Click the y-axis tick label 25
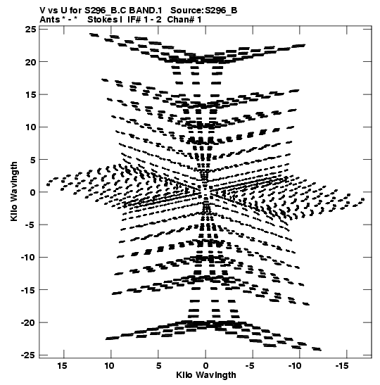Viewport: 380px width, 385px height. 30,30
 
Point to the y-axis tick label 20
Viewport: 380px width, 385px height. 30,62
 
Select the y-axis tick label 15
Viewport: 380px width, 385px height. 30,94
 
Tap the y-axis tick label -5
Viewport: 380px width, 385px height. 30,225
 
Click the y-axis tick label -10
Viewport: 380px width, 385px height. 27,258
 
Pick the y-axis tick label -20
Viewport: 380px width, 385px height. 27,322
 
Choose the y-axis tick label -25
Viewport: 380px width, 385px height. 27,355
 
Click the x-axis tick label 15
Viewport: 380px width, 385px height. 63,366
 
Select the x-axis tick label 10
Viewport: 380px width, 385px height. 110,366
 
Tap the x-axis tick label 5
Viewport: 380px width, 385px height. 158,366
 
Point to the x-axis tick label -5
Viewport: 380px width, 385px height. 250,366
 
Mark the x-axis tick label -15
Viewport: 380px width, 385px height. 342,366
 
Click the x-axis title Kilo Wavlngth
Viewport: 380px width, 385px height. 206,375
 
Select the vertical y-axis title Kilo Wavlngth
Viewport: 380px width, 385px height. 14,191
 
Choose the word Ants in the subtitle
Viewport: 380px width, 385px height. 49,20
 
